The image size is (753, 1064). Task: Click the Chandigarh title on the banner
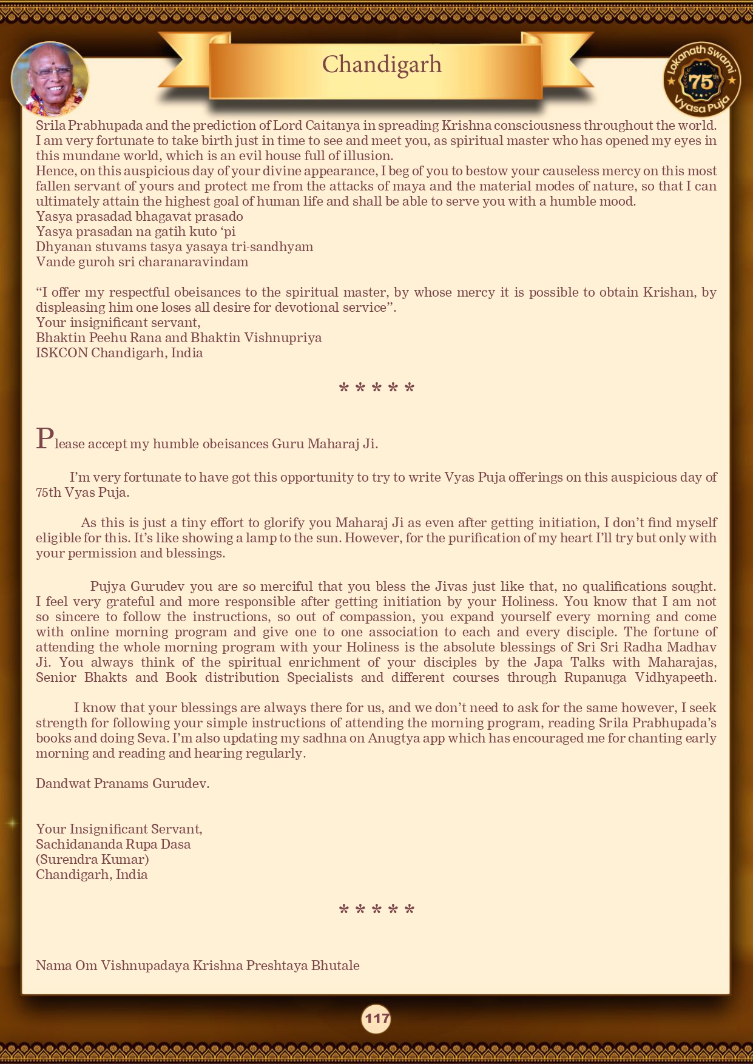(382, 65)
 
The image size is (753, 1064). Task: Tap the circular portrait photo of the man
(50, 79)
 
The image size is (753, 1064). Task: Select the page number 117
(376, 1018)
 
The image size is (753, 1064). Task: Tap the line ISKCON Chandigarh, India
(119, 353)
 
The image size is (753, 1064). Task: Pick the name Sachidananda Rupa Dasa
(113, 844)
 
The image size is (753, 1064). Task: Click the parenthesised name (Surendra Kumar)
(92, 860)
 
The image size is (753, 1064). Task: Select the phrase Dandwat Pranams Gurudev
(123, 784)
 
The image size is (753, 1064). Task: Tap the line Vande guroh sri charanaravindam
(142, 262)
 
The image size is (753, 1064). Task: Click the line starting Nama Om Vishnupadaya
(197, 966)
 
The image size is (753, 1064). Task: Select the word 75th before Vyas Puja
(49, 493)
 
